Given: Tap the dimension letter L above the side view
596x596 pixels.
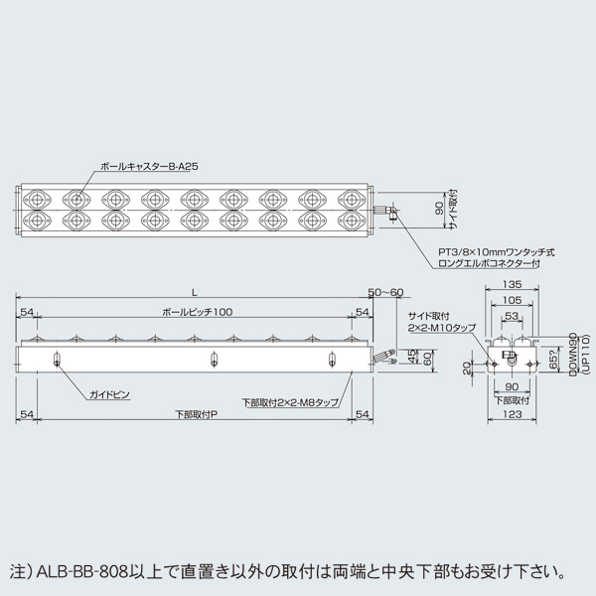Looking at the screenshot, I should [x=194, y=292].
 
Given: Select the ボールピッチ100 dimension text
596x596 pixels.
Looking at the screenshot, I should [x=194, y=313].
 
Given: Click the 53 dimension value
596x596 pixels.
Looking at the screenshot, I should [x=512, y=316].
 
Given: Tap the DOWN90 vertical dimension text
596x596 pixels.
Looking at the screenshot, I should [x=574, y=356].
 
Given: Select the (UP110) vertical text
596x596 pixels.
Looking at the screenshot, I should [x=585, y=356].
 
